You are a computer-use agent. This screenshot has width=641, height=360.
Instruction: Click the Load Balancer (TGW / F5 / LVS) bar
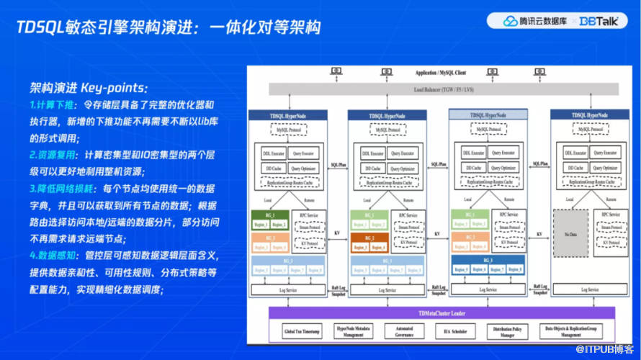click(443, 89)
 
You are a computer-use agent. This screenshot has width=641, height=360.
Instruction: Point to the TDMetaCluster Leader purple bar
click(441, 313)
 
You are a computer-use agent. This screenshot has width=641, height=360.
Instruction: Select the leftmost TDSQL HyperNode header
click(290, 115)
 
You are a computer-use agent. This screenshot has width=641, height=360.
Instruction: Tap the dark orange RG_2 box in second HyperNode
click(369, 238)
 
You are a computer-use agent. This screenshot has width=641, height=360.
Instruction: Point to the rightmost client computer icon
click(539, 72)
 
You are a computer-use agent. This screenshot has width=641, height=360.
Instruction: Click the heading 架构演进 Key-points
click(89, 88)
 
